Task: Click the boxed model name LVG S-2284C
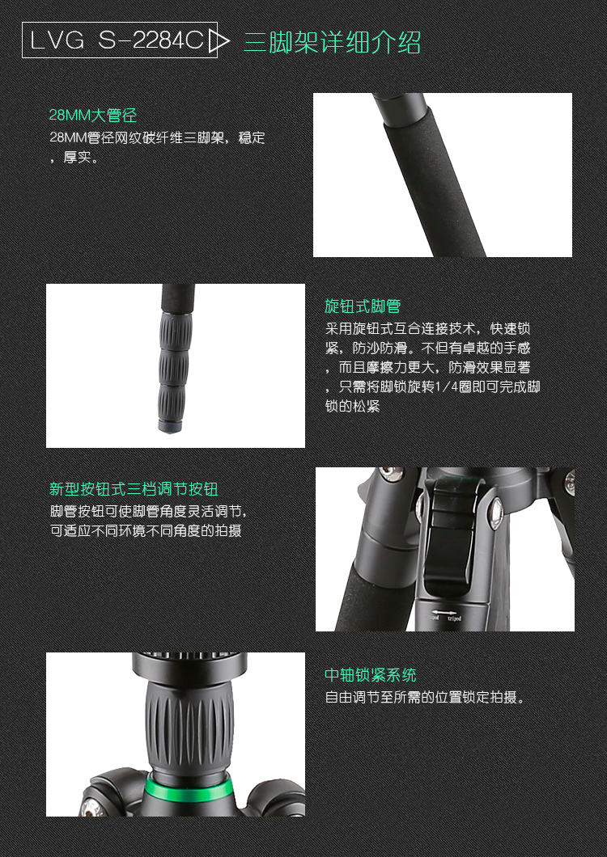point(117,41)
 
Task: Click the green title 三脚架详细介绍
point(332,42)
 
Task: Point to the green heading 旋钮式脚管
point(363,306)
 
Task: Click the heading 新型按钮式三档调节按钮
point(134,489)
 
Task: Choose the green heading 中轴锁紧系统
point(371,675)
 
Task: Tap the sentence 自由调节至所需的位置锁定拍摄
point(425,697)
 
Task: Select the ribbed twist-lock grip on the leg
point(175,364)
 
